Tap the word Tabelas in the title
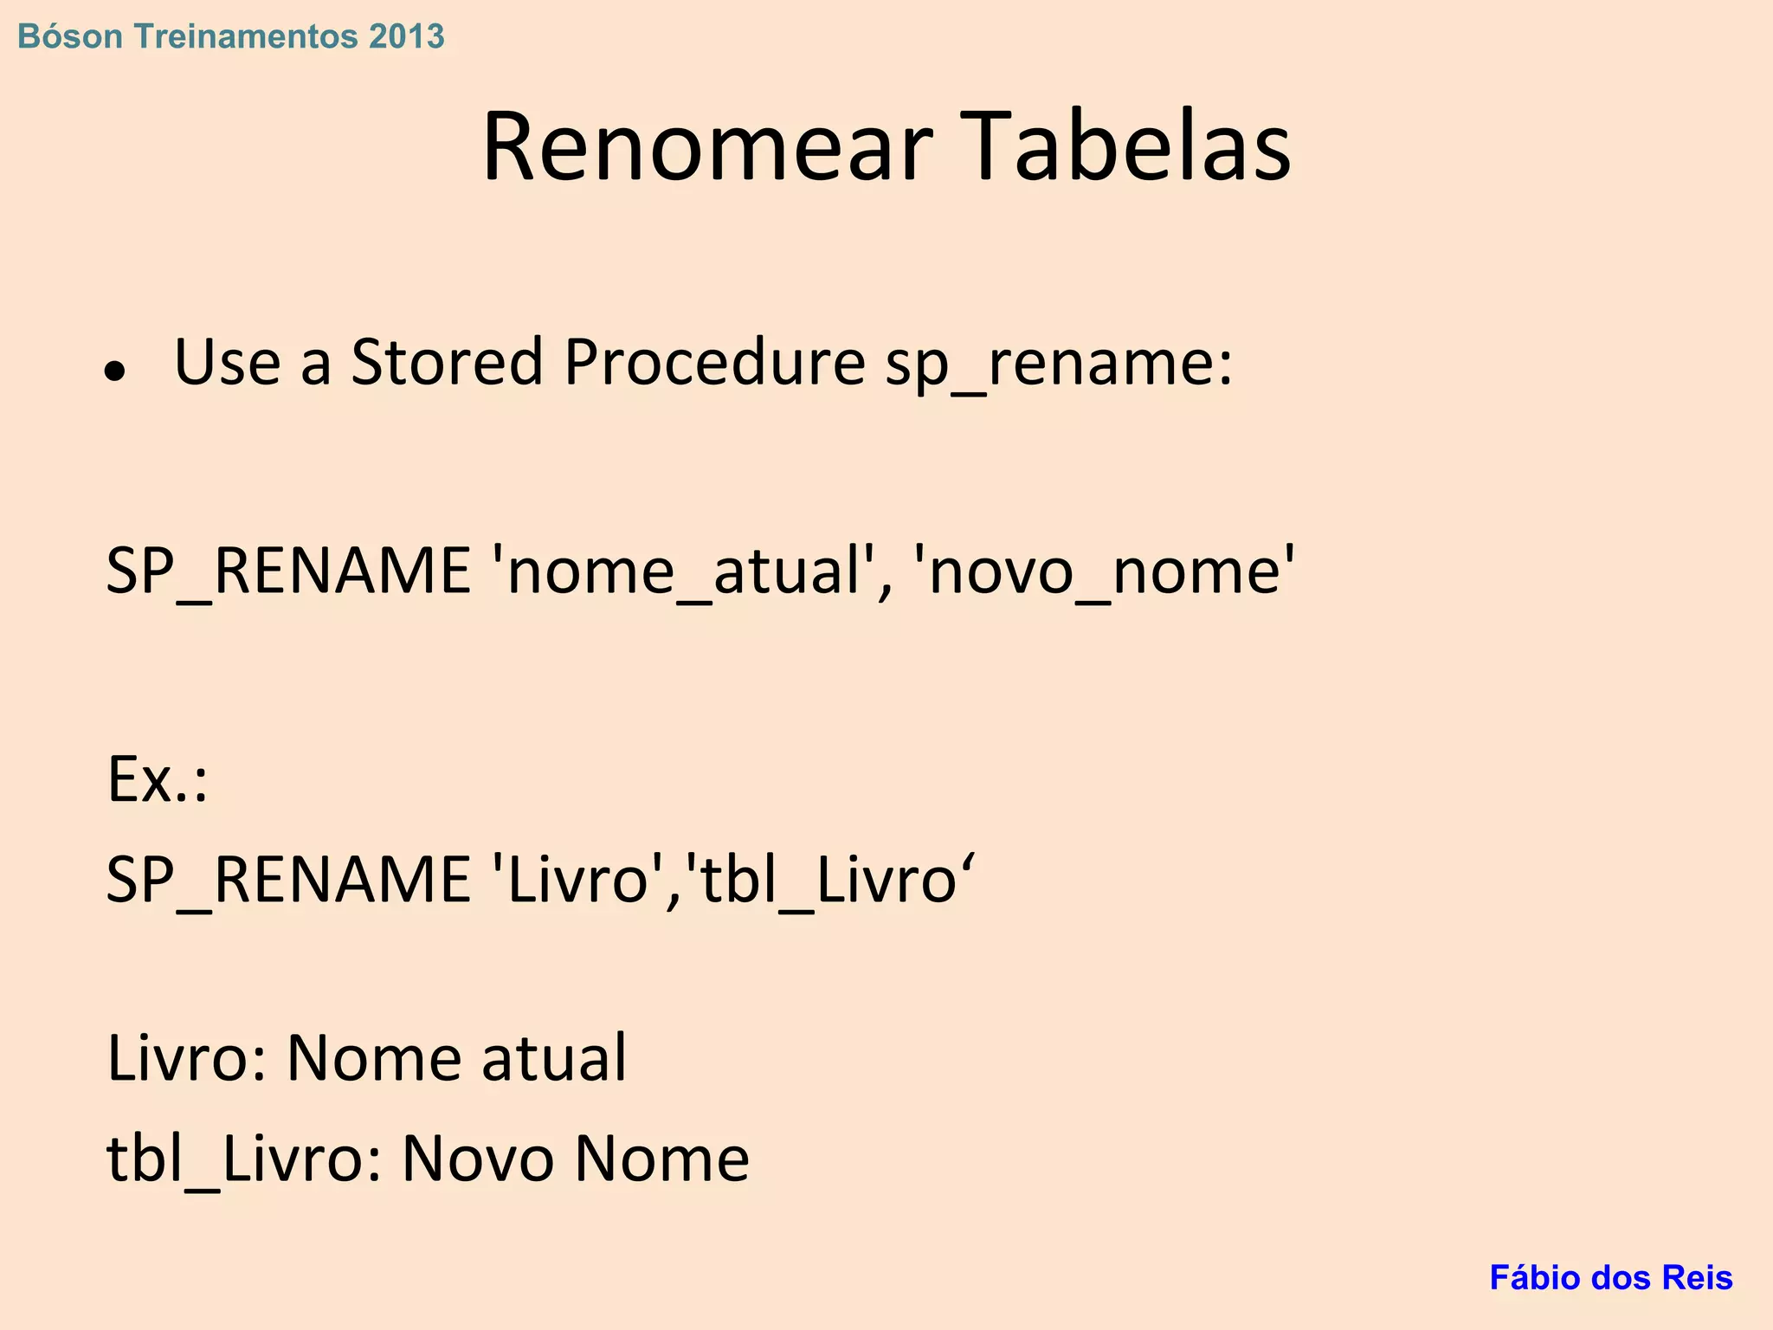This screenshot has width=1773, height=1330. [1126, 147]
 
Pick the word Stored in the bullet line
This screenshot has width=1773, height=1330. [447, 362]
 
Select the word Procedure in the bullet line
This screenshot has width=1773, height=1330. [714, 362]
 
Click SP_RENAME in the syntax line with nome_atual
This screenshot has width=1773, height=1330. [288, 571]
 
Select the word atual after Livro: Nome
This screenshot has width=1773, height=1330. [554, 1058]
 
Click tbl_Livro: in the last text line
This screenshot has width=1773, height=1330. [244, 1159]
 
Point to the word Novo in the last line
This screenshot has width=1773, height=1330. [478, 1159]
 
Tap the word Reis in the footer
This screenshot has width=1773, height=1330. [1700, 1277]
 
